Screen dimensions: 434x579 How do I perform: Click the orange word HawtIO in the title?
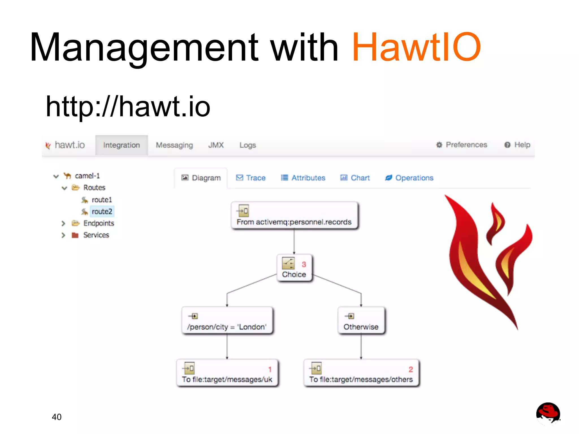[416, 47]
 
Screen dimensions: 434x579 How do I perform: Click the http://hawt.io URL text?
[128, 107]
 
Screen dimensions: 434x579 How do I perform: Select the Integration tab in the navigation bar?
[121, 145]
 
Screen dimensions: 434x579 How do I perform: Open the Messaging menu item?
[174, 145]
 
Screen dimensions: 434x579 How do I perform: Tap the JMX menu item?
[216, 145]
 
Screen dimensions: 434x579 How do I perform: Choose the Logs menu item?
[247, 145]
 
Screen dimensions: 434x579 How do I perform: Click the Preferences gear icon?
[439, 145]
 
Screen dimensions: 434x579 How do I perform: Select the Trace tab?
[251, 178]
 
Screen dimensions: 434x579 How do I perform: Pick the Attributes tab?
[303, 178]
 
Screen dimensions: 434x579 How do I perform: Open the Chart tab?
[355, 178]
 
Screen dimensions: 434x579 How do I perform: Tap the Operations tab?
[409, 178]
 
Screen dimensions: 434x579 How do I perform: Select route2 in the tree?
[102, 211]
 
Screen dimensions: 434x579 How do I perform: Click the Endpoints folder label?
[99, 223]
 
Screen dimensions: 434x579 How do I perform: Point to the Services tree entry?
[96, 235]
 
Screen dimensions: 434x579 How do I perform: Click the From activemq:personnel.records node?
[294, 216]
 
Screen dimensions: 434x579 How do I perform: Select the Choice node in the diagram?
[294, 268]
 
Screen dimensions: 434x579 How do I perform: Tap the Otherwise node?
[361, 321]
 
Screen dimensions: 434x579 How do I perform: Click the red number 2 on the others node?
[411, 369]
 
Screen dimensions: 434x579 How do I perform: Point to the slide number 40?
[57, 417]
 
